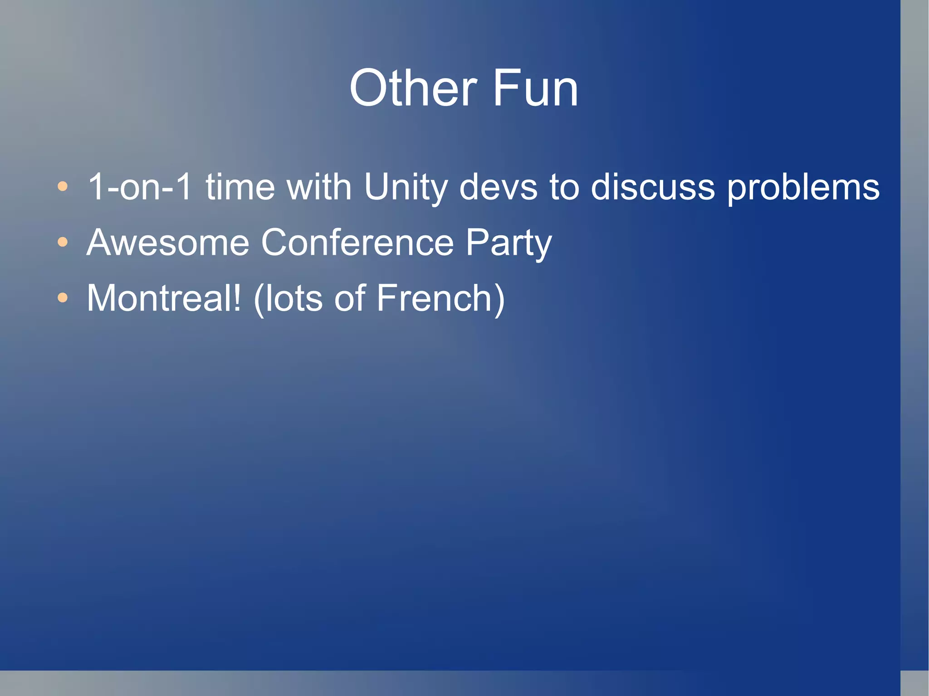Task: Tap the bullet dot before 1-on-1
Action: pos(63,186)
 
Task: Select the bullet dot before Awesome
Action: pos(63,242)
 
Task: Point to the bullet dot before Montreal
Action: pos(63,298)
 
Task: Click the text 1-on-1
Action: pos(140,187)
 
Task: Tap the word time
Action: pos(240,187)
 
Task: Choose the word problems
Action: pos(803,188)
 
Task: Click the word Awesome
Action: pos(168,243)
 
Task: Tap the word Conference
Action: pos(357,243)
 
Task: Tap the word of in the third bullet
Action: pos(349,298)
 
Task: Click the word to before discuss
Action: pos(564,187)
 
